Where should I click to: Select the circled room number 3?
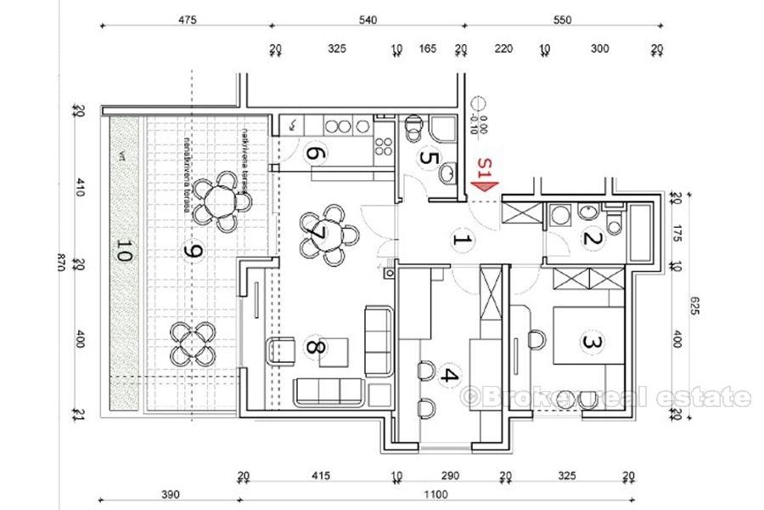click(591, 343)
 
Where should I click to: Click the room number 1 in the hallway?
click(461, 240)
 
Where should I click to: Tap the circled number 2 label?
click(593, 239)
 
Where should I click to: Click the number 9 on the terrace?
click(194, 252)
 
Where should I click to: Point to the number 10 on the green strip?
click(124, 252)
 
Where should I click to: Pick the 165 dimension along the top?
click(429, 49)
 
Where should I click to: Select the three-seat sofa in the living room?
click(329, 391)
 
